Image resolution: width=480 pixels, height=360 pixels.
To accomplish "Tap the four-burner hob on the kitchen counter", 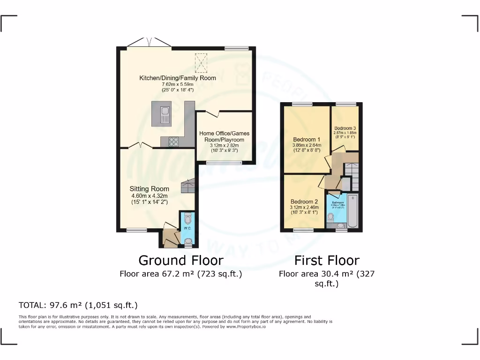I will pos(173,141).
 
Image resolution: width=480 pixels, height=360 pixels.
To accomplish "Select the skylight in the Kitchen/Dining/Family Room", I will pos(201,63).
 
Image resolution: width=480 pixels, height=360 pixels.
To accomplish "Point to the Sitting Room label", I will pos(149,189).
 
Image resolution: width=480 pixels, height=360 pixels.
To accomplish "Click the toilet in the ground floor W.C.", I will pos(188,218).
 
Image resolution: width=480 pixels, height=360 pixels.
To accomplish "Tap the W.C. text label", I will pos(187,228).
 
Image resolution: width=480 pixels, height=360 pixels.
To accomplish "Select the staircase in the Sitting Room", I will pos(188,186).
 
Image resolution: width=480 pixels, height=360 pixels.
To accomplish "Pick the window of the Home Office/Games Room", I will pos(224,163).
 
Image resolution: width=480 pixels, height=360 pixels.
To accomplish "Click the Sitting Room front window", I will pos(136,230).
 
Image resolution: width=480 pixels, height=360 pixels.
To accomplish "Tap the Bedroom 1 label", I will pos(307,139).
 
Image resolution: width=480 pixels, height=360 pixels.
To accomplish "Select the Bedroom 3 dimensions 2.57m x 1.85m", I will pos(345,133).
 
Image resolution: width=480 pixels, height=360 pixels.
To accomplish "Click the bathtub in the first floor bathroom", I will pos(353,211).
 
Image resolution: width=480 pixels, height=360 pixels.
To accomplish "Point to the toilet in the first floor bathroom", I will pos(331,217).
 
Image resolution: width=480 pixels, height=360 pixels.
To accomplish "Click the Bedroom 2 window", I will pos(303,230).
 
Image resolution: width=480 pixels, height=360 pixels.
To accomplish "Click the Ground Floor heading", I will pos(180,260).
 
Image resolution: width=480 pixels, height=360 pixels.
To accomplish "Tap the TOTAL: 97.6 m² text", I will pos(78,305).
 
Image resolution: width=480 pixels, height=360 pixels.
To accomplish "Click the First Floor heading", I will pos(327,260).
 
